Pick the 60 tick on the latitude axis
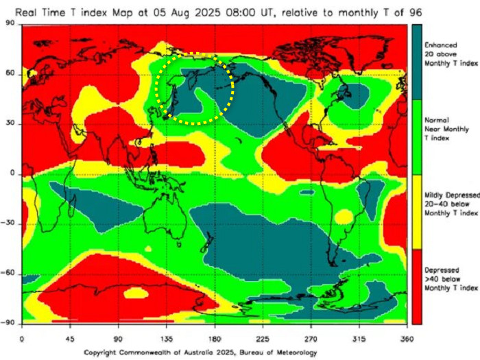(x=11, y=74)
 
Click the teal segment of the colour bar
(x=416, y=62)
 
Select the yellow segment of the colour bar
(x=416, y=212)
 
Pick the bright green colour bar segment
(x=416, y=137)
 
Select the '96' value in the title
(x=416, y=12)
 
